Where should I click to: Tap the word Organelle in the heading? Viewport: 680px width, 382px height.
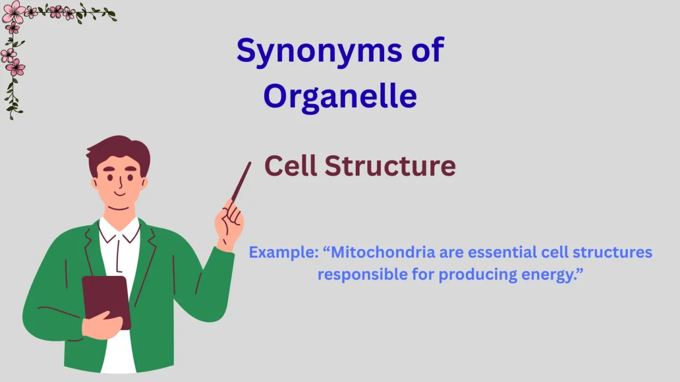click(341, 97)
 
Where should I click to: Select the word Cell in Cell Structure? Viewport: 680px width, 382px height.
click(291, 165)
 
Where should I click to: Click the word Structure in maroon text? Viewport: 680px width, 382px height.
click(390, 166)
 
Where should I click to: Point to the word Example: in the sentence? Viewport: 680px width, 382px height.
click(283, 252)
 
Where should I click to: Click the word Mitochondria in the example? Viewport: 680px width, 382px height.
click(383, 252)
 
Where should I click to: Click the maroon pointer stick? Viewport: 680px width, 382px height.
click(241, 182)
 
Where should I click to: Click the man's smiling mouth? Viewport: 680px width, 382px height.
click(119, 194)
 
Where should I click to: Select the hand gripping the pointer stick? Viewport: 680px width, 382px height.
click(229, 224)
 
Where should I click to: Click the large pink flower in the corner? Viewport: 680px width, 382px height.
click(14, 12)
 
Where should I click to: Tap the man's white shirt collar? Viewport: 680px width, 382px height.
click(119, 230)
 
